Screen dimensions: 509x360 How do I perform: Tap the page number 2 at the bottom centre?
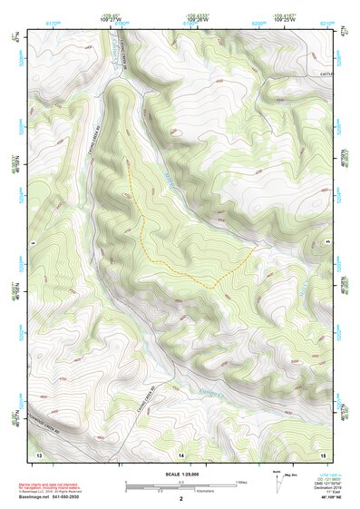click(181, 499)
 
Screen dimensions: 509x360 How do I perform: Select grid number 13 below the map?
click(39, 452)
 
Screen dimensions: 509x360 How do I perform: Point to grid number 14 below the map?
click(180, 452)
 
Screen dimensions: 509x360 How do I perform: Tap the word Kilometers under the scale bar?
click(188, 493)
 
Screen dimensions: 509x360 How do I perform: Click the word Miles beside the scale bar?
click(241, 482)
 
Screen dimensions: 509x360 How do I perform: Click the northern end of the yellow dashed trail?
click(127, 163)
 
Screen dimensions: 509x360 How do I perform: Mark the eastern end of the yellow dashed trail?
click(257, 247)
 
